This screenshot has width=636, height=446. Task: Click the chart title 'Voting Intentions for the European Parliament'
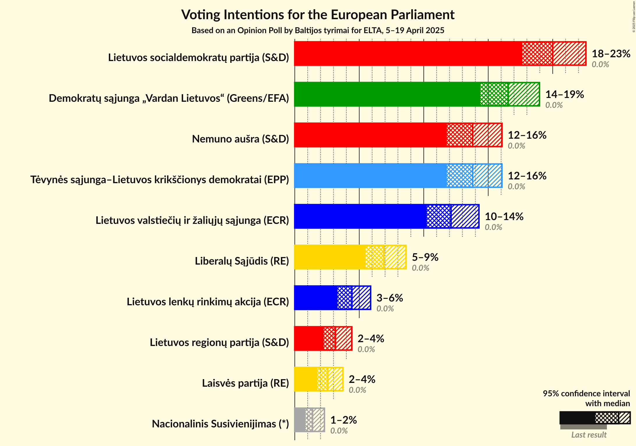coord(318,15)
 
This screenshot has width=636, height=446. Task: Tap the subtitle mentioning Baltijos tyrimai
coord(318,31)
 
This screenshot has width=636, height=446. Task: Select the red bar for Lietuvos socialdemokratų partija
coord(408,53)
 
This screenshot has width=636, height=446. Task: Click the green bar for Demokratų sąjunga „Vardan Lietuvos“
coord(387,94)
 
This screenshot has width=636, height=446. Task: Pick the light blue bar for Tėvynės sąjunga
coord(370,176)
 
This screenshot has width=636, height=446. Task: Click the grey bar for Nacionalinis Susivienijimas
coord(300,420)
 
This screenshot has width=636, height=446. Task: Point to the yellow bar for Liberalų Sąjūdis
coord(329,257)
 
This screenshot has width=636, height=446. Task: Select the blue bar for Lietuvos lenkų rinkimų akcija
coord(316,298)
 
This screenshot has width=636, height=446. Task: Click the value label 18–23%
coord(611,53)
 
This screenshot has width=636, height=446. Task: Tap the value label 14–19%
coord(564,94)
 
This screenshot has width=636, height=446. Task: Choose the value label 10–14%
coord(504,216)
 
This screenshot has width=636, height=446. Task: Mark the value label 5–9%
coord(425,257)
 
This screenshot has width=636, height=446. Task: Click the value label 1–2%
coord(343,420)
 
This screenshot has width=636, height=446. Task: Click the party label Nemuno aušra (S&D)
coord(240,139)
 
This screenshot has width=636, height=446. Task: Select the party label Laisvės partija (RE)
coord(245,383)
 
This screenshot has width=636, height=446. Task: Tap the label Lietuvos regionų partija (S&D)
coord(219,342)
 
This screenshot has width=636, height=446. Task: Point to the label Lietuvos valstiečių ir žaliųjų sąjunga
coord(192,220)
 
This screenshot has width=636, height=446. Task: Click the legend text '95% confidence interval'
coord(586,393)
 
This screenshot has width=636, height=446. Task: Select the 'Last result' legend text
coord(589,435)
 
